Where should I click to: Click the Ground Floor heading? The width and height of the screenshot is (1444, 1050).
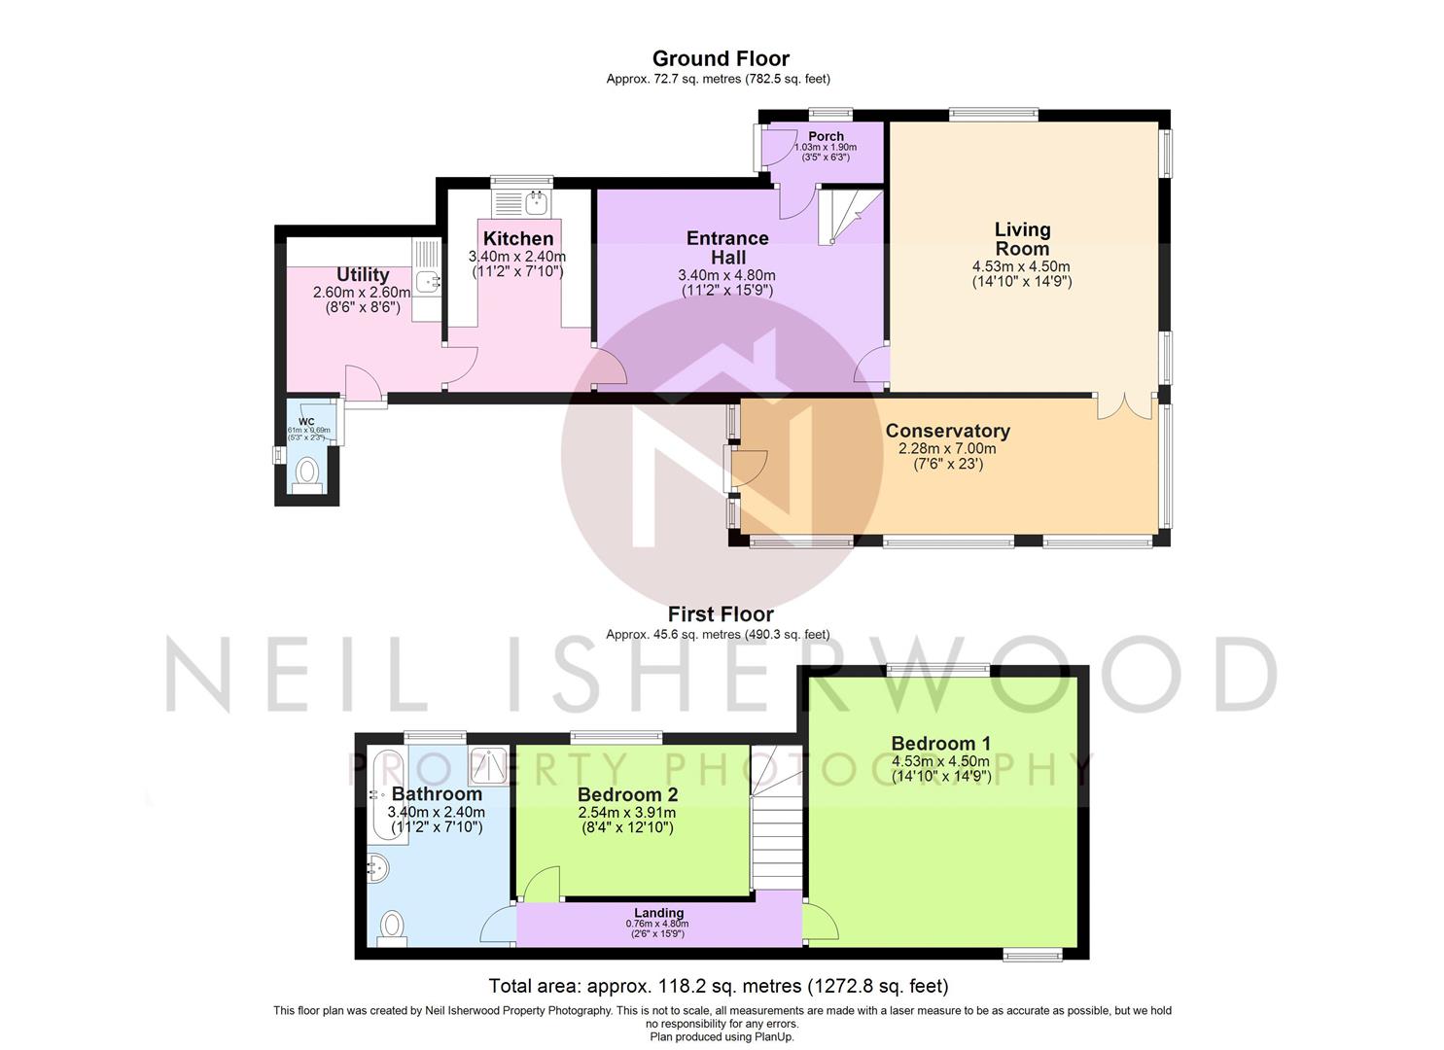(x=721, y=58)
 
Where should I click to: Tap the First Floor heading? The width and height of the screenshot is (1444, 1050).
(x=721, y=614)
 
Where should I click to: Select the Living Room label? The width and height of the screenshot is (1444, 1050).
(x=1022, y=239)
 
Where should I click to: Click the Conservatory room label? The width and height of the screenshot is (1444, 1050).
(x=947, y=431)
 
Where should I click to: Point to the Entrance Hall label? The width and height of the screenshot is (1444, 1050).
(x=727, y=247)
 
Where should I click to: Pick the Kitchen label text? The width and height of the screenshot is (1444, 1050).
(x=518, y=238)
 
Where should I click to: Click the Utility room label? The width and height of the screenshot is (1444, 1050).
(x=363, y=275)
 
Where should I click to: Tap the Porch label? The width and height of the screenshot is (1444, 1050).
(x=826, y=136)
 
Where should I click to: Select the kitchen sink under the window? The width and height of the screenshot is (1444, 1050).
(x=535, y=203)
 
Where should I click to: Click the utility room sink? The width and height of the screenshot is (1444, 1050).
(x=428, y=282)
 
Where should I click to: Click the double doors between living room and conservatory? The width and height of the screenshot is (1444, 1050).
(x=1126, y=406)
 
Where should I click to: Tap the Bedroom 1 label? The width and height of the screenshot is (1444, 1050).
(x=940, y=744)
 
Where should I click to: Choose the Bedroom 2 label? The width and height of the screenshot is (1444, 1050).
(x=627, y=795)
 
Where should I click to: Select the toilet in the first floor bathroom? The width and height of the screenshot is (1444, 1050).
(x=392, y=926)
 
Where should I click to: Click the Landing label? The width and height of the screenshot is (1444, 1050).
(x=658, y=913)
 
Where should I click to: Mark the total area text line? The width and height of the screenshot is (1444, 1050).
(x=718, y=986)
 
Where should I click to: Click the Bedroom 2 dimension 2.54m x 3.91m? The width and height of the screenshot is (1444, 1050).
(x=626, y=813)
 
